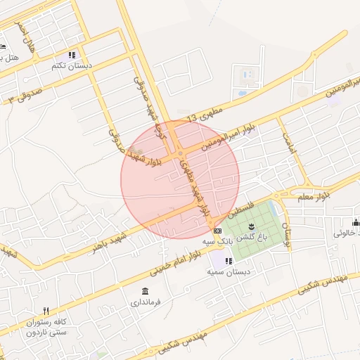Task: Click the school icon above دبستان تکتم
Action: point(72,55)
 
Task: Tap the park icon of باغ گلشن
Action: point(252,225)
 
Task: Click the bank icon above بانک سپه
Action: point(217,231)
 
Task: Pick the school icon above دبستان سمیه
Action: point(229,261)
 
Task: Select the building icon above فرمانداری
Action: point(145,291)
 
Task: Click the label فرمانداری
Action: point(146,302)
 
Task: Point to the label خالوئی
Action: point(346,232)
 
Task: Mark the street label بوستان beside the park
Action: point(286,234)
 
